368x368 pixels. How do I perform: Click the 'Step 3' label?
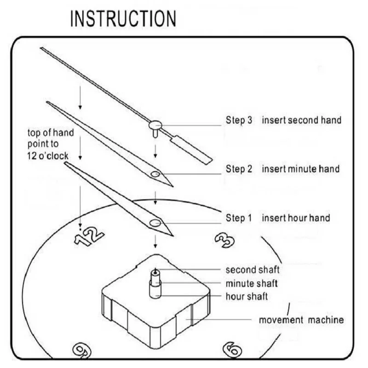(x=239, y=121)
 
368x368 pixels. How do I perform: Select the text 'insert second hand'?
(x=302, y=121)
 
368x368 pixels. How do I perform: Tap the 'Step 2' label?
(x=239, y=169)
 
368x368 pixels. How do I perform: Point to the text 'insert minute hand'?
(x=301, y=169)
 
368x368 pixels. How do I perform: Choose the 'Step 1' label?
(x=239, y=218)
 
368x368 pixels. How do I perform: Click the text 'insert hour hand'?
(x=296, y=218)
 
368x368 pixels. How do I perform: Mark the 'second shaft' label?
(x=253, y=270)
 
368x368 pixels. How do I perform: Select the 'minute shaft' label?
(x=252, y=283)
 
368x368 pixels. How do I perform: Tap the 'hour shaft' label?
(x=247, y=296)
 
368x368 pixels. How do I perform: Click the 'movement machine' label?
(x=301, y=320)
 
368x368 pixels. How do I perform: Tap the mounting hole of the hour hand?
(x=155, y=223)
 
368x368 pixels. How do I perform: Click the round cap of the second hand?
(x=155, y=124)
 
